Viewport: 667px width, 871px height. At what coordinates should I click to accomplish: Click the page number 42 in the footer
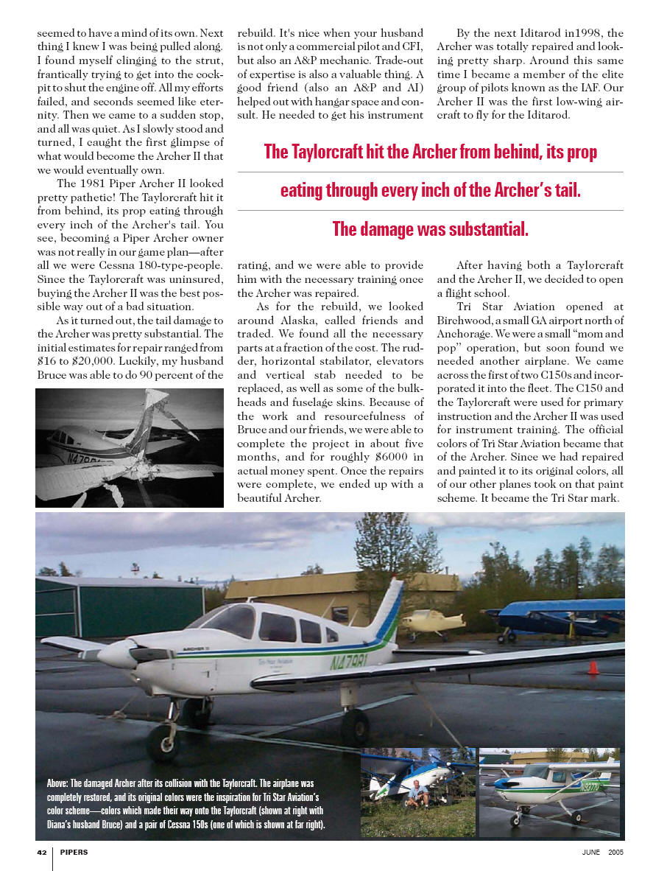[x=42, y=853]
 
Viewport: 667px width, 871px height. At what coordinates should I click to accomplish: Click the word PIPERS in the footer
[x=74, y=853]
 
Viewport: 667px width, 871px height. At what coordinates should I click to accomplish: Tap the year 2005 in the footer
[x=616, y=853]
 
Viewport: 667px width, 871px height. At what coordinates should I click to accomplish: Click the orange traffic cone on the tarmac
[x=593, y=668]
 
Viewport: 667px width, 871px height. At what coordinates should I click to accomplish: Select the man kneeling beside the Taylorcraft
[x=420, y=795]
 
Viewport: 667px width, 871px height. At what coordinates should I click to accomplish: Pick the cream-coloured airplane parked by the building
[x=433, y=620]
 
